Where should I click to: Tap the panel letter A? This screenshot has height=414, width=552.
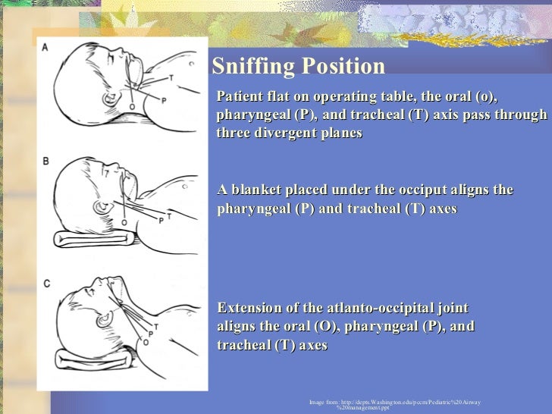click(45, 47)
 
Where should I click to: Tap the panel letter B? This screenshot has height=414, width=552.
click(45, 161)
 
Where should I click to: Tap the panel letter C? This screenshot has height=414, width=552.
click(46, 284)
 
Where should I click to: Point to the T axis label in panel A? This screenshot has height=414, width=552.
click(171, 77)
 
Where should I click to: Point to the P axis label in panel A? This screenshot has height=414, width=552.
click(164, 100)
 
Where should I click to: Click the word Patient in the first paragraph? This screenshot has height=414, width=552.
click(241, 98)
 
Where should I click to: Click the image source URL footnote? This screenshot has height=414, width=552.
click(394, 403)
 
